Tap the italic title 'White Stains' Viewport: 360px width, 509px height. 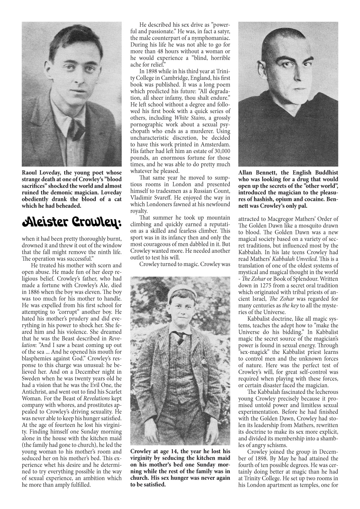click(188, 118)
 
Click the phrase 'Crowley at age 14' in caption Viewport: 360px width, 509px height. click(153, 451)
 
